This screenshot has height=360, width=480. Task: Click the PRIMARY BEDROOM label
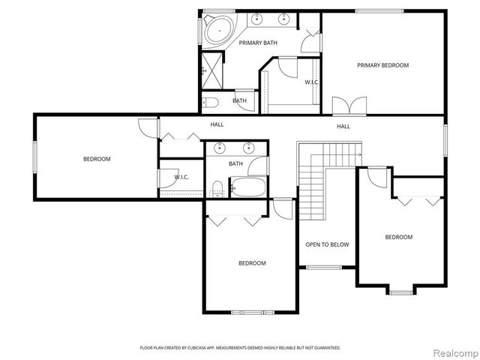coord(382,65)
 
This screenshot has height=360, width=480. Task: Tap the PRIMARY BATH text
coord(258,43)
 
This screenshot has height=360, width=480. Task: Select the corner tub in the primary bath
coord(217,30)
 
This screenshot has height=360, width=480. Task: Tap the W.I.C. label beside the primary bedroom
coord(312,82)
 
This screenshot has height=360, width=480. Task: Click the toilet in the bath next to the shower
coord(211,102)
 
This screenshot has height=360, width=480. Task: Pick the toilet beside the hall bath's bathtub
coord(217,187)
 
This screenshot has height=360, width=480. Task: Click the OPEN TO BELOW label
coord(324,244)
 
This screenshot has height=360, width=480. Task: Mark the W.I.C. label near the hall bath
coord(181,177)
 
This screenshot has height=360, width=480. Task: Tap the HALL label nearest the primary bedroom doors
coord(343,126)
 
